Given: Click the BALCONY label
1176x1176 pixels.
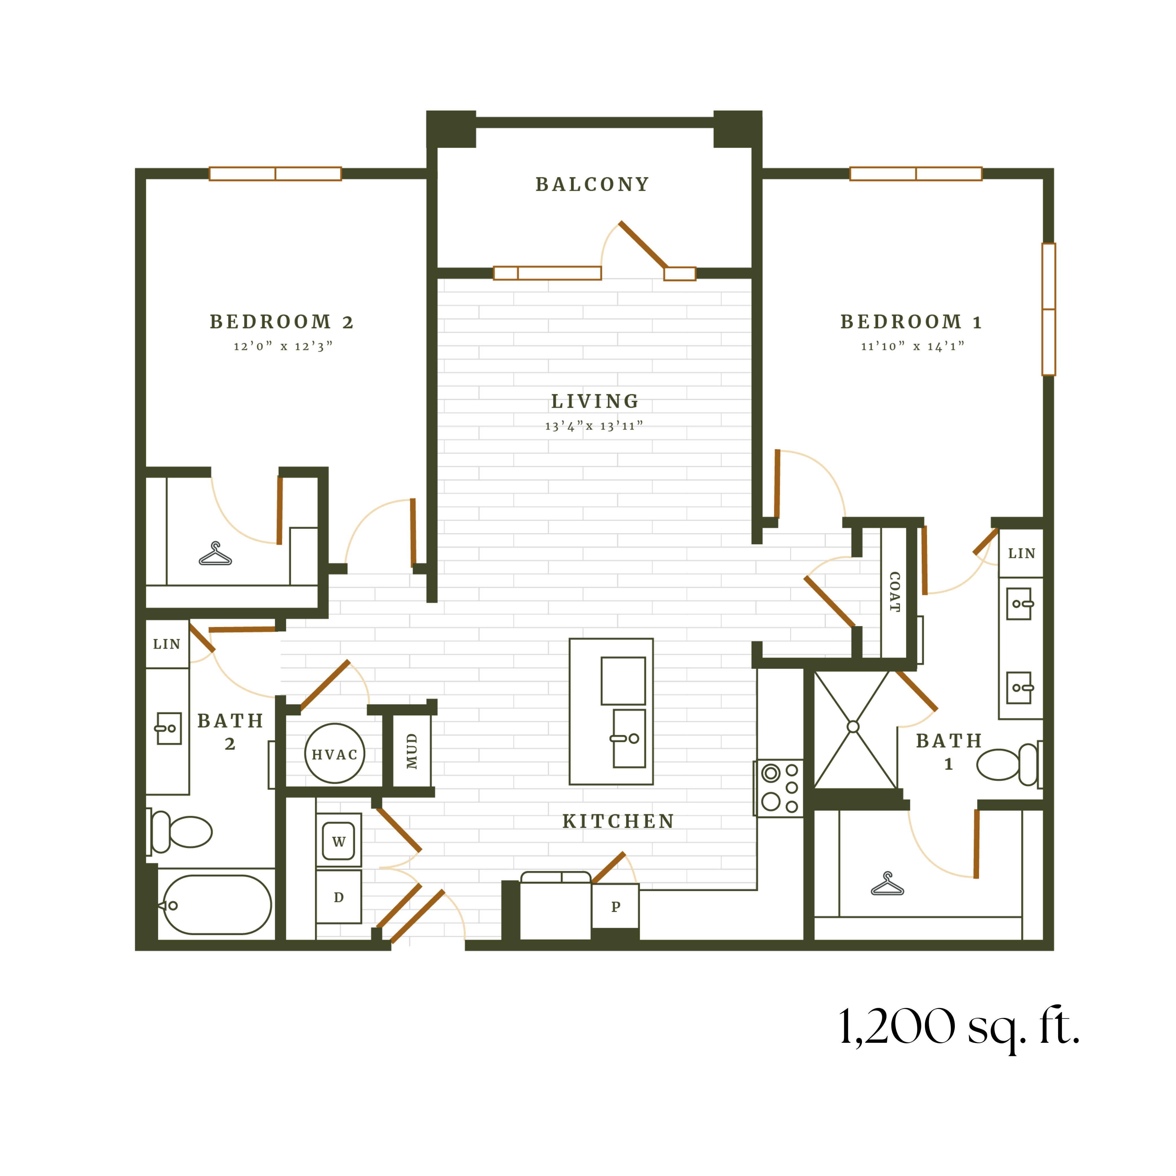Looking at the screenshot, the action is (592, 185).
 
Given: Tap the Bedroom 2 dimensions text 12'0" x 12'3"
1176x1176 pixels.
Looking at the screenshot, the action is (283, 346).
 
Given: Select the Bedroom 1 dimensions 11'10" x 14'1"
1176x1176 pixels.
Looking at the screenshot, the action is (912, 346).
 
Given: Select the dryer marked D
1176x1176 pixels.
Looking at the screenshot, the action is (338, 897).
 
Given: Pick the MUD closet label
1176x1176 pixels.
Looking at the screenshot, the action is (412, 751).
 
